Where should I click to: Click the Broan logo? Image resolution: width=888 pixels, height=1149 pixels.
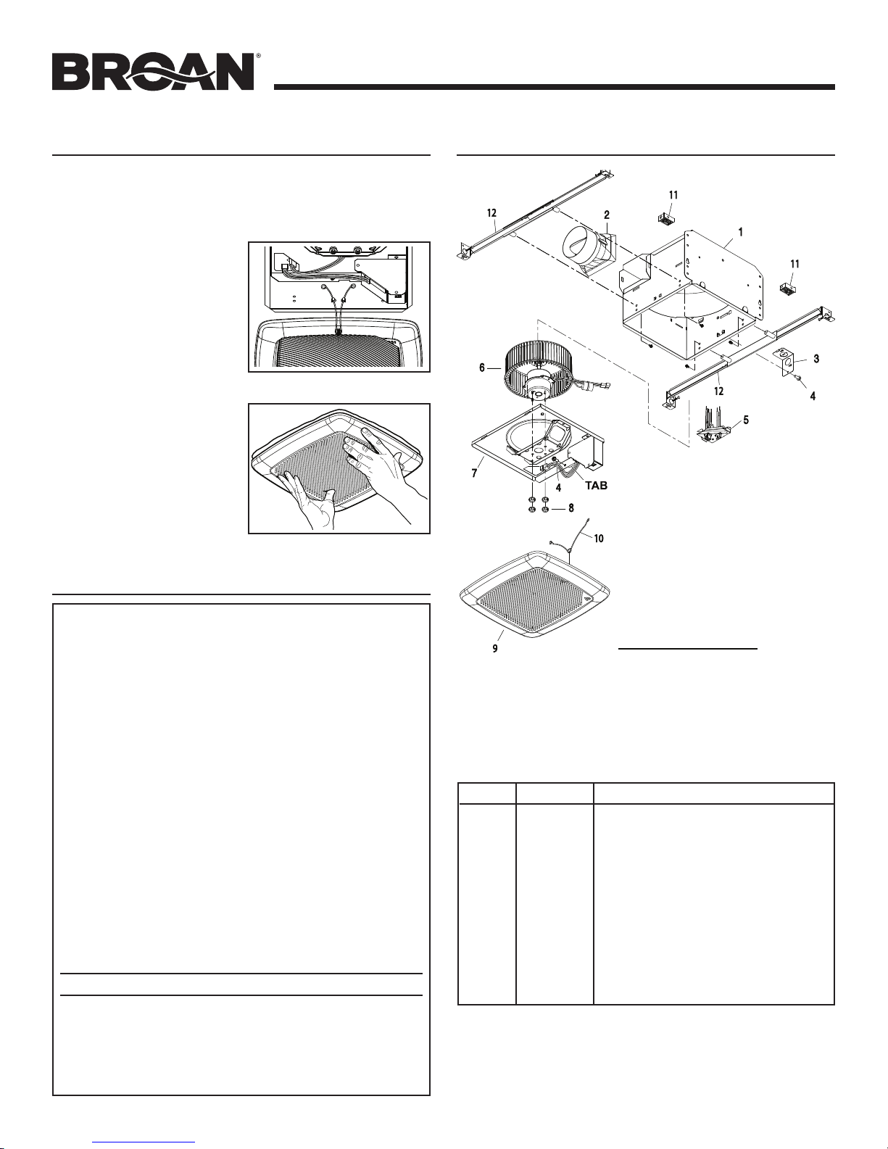pyautogui.click(x=153, y=71)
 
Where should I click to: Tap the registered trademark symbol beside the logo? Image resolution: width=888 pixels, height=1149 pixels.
pyautogui.click(x=258, y=55)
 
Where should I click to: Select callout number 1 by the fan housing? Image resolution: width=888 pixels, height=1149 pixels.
pyautogui.click(x=741, y=232)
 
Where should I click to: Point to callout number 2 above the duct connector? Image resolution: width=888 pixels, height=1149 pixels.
pyautogui.click(x=607, y=215)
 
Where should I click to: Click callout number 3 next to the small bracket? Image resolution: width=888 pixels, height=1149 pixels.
pyautogui.click(x=816, y=359)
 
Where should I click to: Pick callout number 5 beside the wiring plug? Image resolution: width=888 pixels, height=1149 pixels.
pyautogui.click(x=746, y=420)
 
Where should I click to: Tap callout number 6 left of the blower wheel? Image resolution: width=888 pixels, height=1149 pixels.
pyautogui.click(x=481, y=368)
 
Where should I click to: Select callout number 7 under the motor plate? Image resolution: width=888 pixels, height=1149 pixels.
pyautogui.click(x=474, y=473)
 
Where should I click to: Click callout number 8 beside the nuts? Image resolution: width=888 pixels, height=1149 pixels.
pyautogui.click(x=571, y=509)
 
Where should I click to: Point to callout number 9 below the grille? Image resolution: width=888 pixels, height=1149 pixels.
pyautogui.click(x=494, y=648)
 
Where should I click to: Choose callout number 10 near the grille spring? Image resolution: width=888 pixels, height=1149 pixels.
pyautogui.click(x=598, y=539)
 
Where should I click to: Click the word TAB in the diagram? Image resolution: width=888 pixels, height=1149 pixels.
pyautogui.click(x=596, y=486)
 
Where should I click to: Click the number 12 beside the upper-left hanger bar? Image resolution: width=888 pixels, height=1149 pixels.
pyautogui.click(x=491, y=213)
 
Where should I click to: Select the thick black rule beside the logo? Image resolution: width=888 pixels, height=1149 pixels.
pyautogui.click(x=555, y=87)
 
